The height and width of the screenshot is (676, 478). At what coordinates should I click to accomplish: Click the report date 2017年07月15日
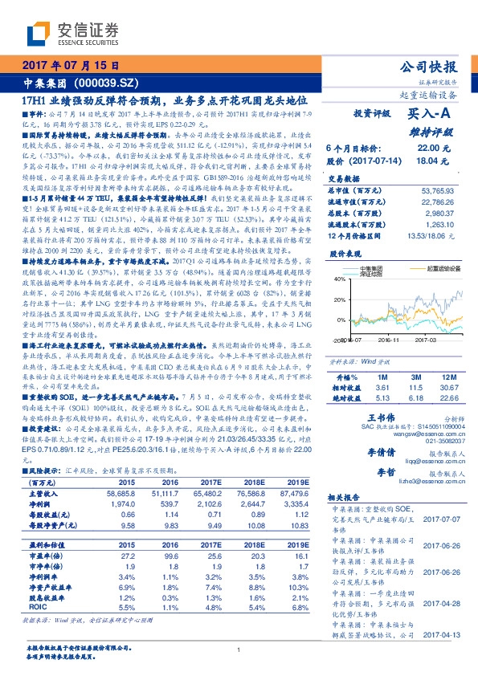point(66,66)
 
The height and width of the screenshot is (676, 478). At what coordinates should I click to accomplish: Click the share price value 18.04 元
point(428,161)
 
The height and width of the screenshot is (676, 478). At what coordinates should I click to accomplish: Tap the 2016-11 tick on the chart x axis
point(390,340)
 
